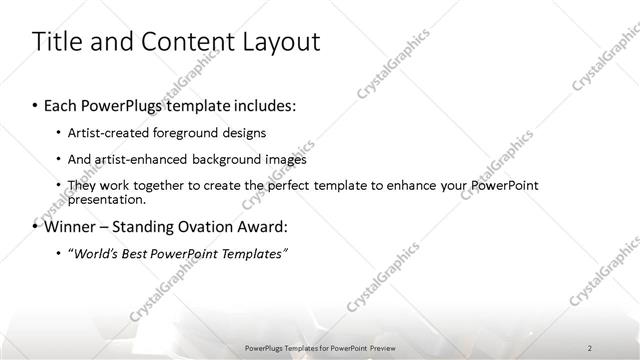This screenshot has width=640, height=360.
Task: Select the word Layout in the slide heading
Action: (x=279, y=42)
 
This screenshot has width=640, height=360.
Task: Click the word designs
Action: (x=243, y=133)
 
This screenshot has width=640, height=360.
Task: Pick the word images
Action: (x=285, y=159)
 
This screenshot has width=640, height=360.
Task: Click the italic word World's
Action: (x=94, y=254)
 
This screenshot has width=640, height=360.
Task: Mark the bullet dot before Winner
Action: (x=36, y=227)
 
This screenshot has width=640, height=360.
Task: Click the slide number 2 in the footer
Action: (x=589, y=347)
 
